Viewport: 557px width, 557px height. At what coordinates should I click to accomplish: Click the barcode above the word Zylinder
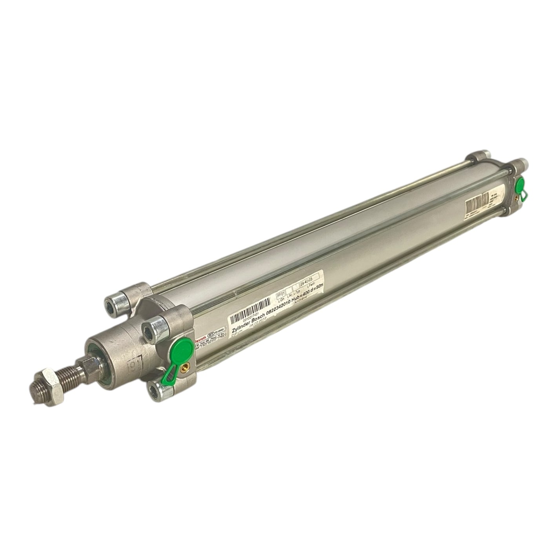pyautogui.click(x=251, y=307)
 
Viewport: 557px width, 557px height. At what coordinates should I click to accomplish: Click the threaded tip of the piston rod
pyautogui.click(x=37, y=392)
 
